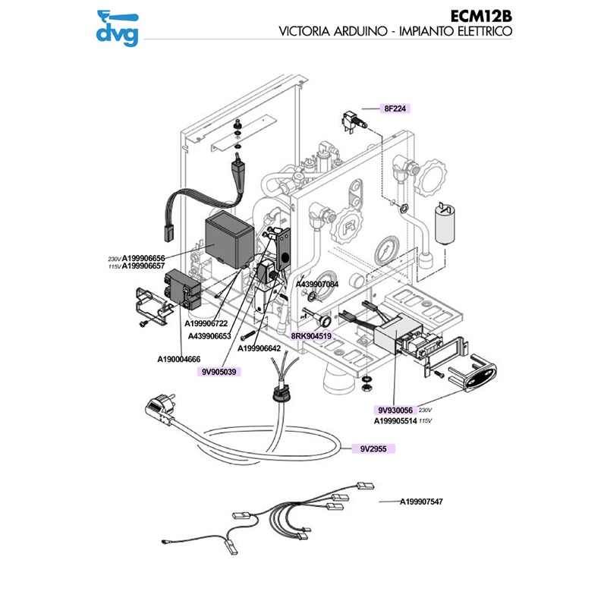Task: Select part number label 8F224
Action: coord(396,109)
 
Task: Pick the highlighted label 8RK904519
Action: coord(312,335)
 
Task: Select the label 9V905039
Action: coord(220,372)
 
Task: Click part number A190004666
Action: coord(179,359)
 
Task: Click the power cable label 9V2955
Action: coord(373,448)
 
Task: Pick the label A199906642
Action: coord(259,348)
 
